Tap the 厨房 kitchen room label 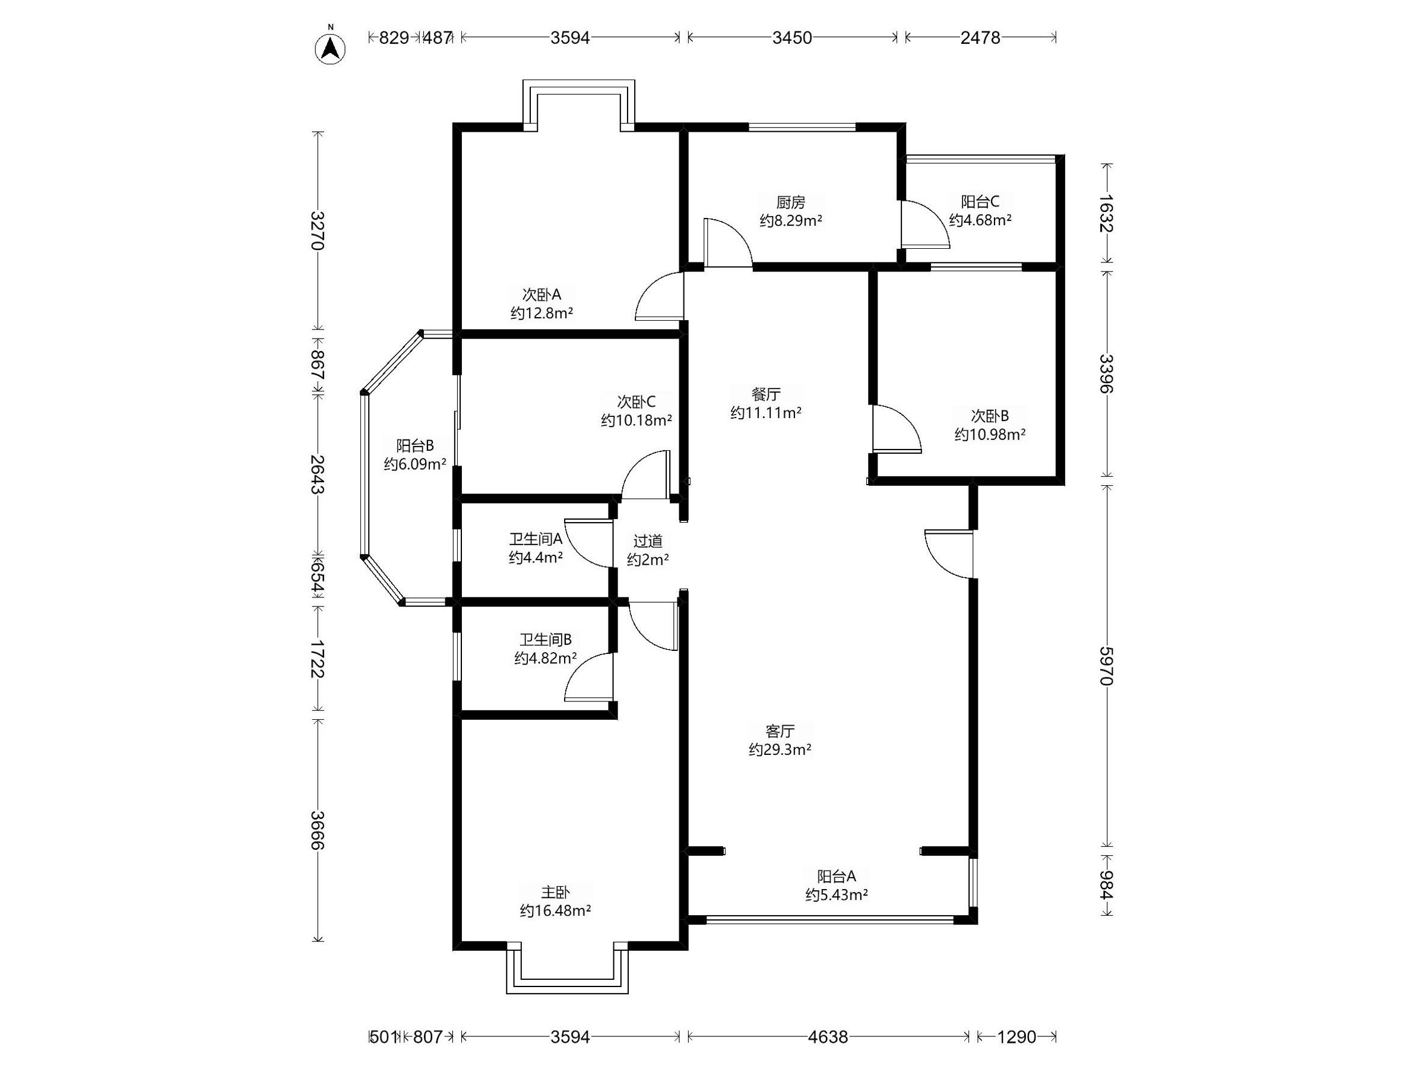click(790, 203)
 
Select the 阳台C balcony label click(980, 202)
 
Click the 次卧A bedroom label click(541, 295)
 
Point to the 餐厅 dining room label click(766, 394)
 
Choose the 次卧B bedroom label click(990, 416)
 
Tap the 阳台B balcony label click(415, 445)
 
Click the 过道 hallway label click(647, 541)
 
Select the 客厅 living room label click(780, 730)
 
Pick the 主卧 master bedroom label click(555, 892)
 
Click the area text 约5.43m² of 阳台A click(836, 894)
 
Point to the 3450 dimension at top click(793, 37)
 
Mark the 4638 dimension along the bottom click(828, 1037)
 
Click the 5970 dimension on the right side click(1106, 666)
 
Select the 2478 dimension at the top click(980, 37)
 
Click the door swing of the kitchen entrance click(728, 242)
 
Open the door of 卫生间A click(588, 543)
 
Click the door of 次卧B click(897, 429)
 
